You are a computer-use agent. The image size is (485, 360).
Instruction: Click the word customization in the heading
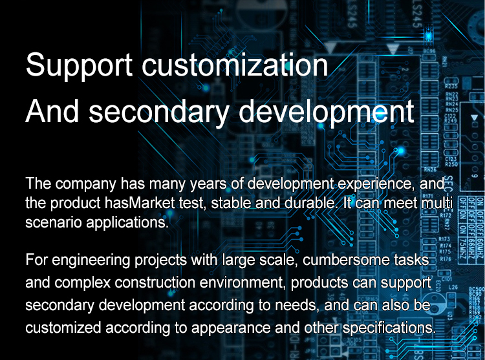point(235,65)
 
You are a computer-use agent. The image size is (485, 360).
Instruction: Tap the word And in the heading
point(52,111)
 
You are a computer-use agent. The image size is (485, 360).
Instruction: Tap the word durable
point(311,203)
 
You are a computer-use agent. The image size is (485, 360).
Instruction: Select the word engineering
point(91,260)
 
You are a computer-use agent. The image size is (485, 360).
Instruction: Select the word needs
point(297,305)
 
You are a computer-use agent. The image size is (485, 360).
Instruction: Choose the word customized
point(63,328)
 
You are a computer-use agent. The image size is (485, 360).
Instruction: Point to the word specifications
point(389,328)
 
